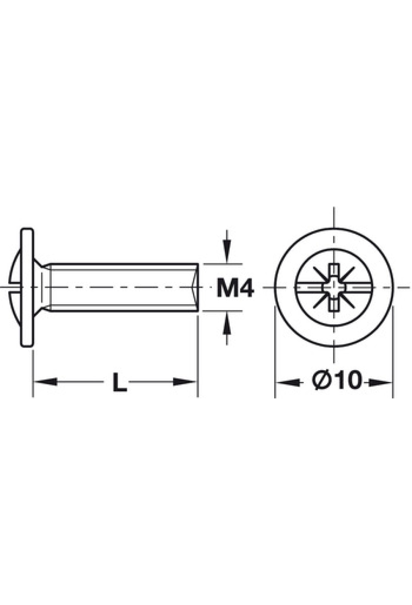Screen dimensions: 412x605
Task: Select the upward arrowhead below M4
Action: click(226, 323)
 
